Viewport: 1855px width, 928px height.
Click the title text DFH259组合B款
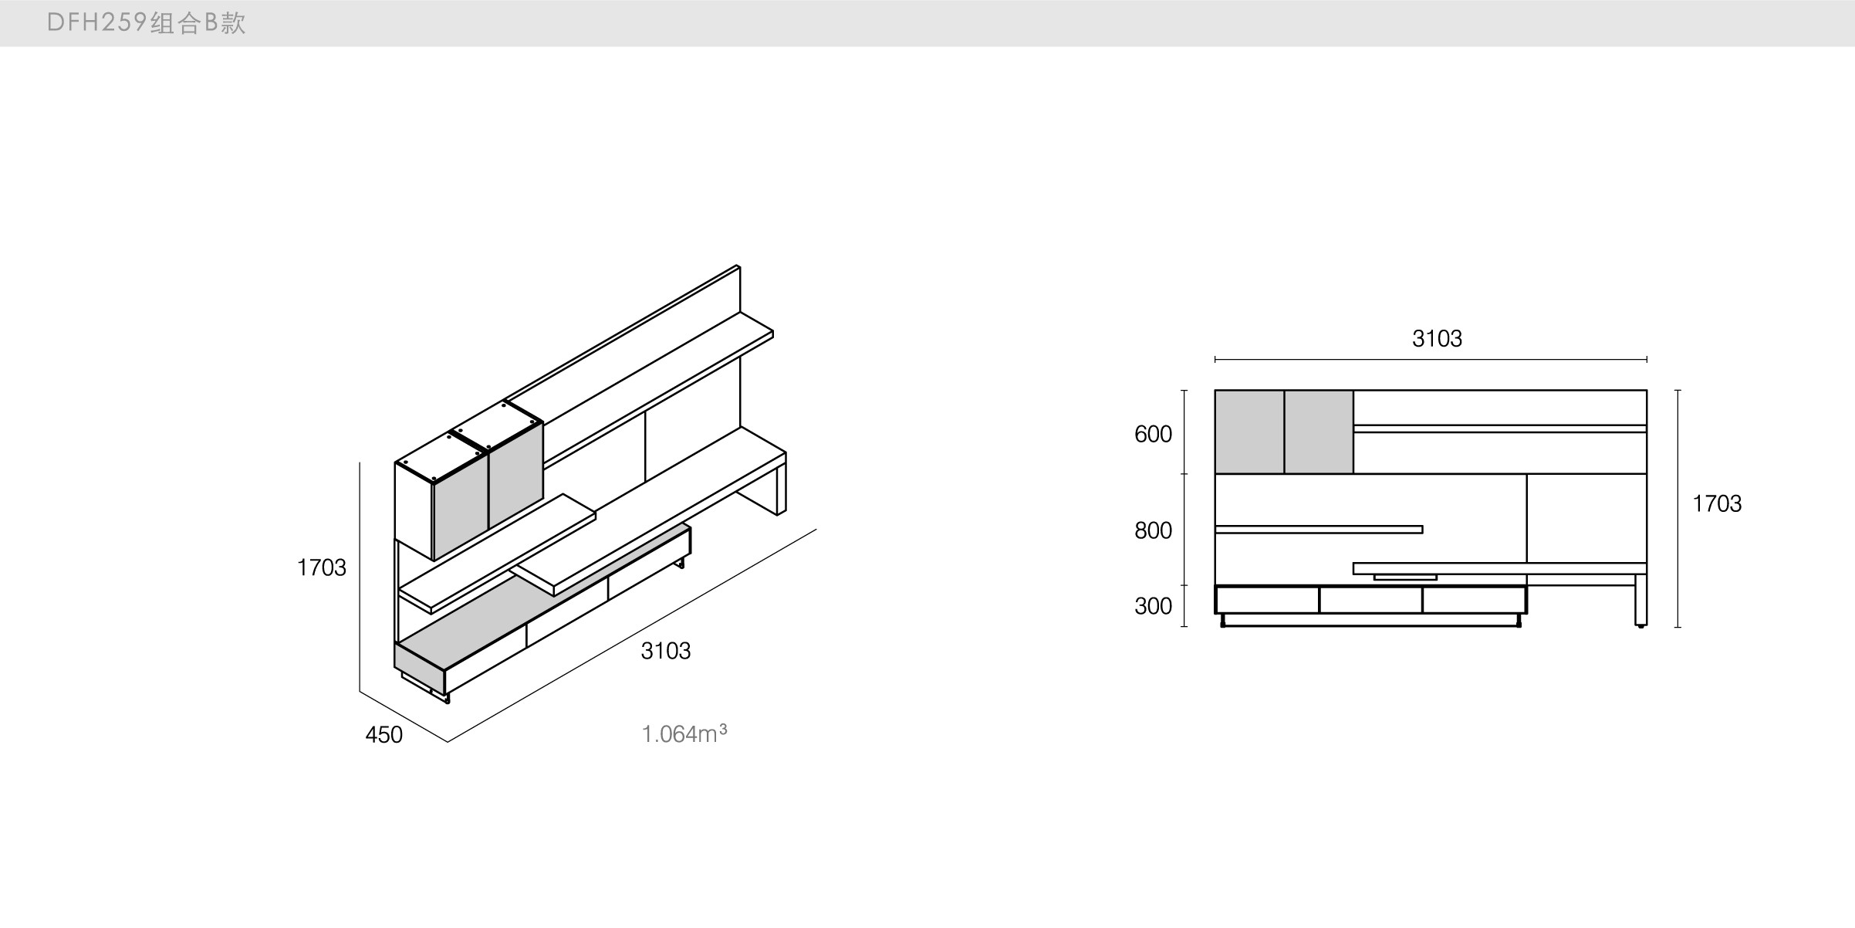(x=146, y=23)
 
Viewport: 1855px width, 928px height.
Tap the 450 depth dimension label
(x=384, y=734)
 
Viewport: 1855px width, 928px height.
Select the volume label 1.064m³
(x=684, y=733)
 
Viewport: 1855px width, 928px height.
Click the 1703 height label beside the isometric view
(x=321, y=567)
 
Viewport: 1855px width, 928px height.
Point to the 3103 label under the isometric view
(x=665, y=651)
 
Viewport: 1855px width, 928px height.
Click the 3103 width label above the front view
(x=1437, y=338)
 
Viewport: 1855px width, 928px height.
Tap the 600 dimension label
(x=1153, y=434)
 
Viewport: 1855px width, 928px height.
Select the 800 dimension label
(x=1153, y=530)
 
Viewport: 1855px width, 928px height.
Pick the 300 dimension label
(x=1153, y=606)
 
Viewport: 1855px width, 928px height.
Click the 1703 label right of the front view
(x=1717, y=503)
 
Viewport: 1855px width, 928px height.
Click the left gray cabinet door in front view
(x=1249, y=432)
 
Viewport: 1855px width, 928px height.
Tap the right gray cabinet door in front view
(x=1319, y=432)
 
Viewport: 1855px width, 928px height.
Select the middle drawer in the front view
(x=1370, y=600)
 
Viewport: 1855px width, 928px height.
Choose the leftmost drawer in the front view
(x=1267, y=600)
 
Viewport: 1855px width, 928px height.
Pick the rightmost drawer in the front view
(x=1474, y=600)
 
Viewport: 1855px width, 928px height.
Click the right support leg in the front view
(x=1640, y=600)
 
